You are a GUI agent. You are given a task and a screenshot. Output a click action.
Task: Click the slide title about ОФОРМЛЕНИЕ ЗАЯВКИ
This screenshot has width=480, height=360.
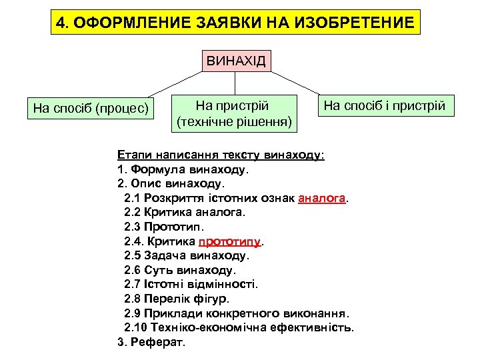point(236,23)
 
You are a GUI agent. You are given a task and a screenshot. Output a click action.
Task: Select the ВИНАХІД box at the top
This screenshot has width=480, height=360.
point(236,62)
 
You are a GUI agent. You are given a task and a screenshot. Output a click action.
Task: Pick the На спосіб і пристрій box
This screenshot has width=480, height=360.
point(384,105)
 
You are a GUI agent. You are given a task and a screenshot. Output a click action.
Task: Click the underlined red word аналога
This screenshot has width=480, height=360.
point(323,198)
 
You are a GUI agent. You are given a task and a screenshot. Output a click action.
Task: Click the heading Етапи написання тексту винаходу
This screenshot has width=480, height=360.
point(221,155)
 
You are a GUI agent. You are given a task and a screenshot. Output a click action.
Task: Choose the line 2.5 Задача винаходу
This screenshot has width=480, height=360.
point(186,255)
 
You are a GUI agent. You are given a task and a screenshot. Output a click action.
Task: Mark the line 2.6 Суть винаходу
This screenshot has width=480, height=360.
point(179,270)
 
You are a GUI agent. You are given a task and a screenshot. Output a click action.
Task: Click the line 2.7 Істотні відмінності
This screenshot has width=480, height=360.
point(191,284)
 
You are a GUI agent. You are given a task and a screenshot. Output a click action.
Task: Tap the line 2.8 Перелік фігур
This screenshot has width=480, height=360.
point(177,299)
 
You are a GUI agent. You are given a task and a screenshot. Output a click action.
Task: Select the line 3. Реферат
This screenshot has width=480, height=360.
point(151,342)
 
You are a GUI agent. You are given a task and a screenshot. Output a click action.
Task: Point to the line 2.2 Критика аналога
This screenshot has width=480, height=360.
point(185,213)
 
